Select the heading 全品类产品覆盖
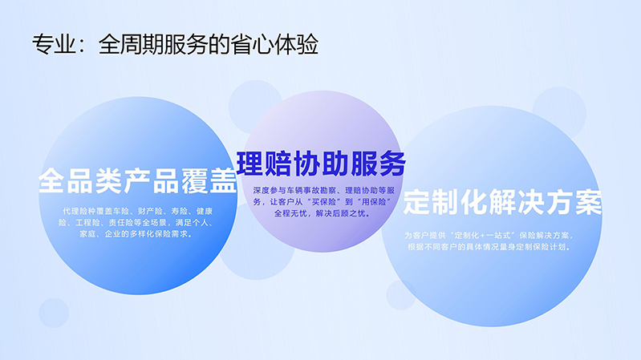(138, 180)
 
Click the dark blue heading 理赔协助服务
(322, 164)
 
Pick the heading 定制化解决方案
(502, 202)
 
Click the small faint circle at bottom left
(54, 313)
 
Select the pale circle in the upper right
(559, 114)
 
